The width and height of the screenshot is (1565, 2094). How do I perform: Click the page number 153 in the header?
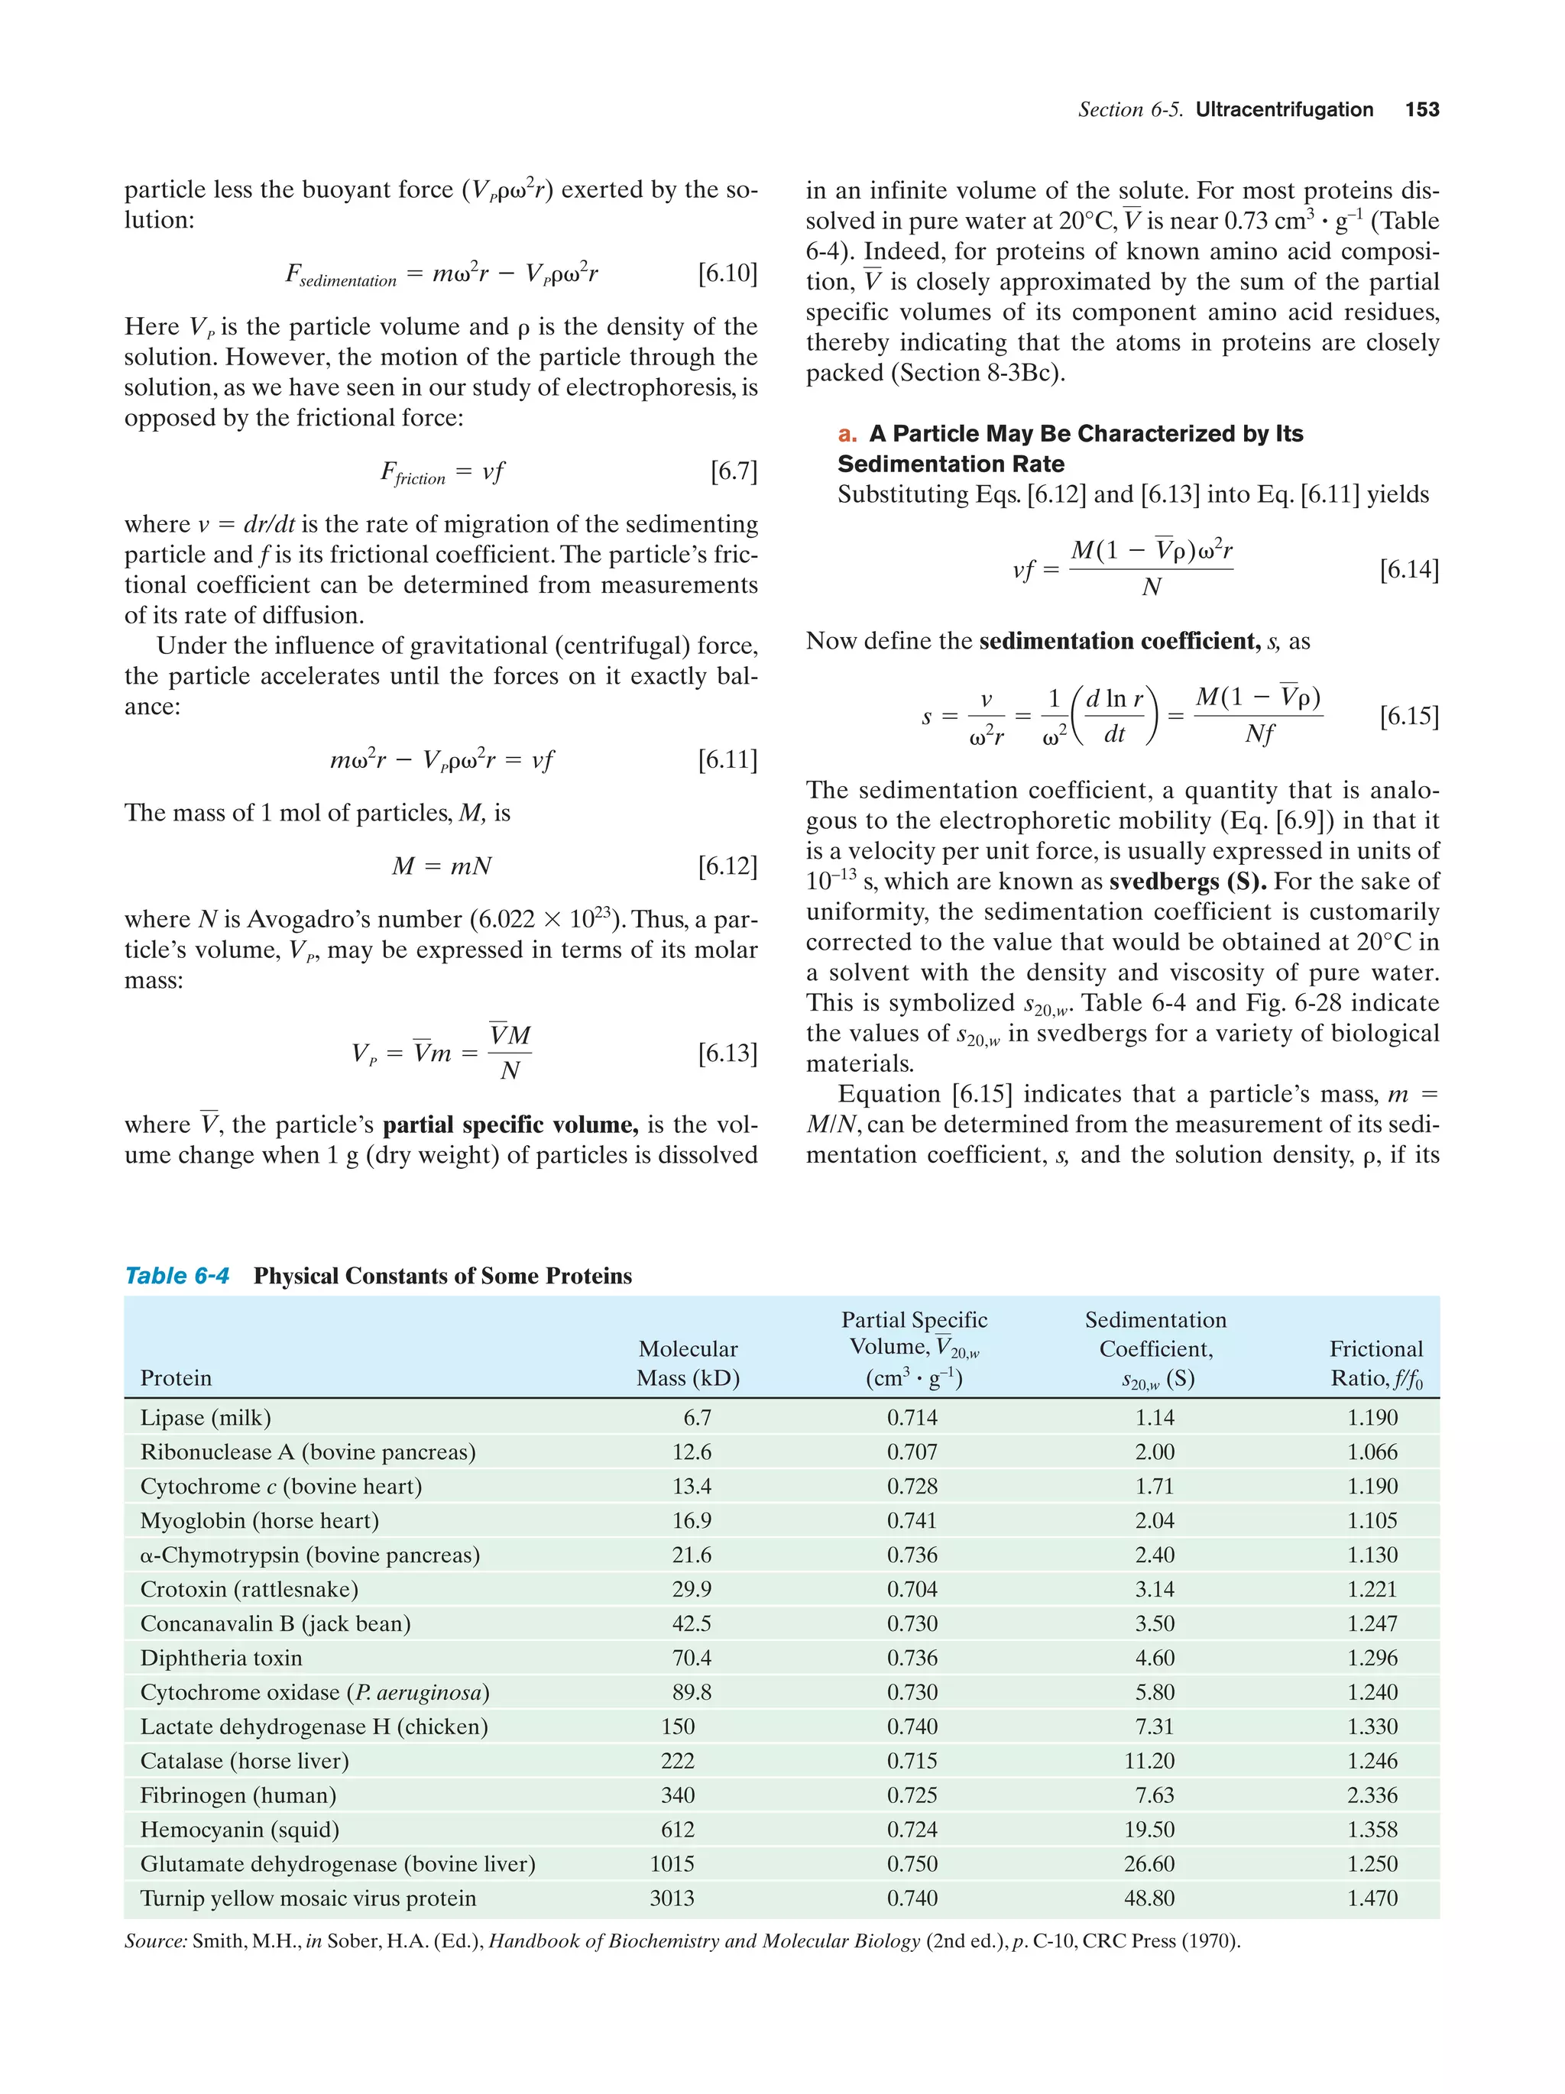(x=1421, y=110)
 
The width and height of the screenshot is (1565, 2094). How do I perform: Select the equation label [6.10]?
(x=727, y=273)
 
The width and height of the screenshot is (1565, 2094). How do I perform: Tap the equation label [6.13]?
(x=727, y=1053)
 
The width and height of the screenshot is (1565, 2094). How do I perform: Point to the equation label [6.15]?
(x=1409, y=716)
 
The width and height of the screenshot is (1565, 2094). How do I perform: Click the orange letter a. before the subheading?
(x=847, y=434)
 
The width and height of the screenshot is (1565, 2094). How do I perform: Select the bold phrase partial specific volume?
(x=510, y=1125)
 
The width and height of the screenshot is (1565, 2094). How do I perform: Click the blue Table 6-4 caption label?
(x=177, y=1276)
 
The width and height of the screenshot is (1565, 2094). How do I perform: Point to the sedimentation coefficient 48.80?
(x=1149, y=1898)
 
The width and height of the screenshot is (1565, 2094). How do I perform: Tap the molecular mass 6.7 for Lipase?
(x=697, y=1417)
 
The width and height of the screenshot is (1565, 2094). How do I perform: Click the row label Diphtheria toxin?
(x=222, y=1658)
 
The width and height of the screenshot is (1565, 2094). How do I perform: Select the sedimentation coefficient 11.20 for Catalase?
(x=1149, y=1761)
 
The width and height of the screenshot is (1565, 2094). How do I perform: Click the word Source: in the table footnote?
(x=155, y=1941)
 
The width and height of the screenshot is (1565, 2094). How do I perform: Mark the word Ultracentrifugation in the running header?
(x=1283, y=110)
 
